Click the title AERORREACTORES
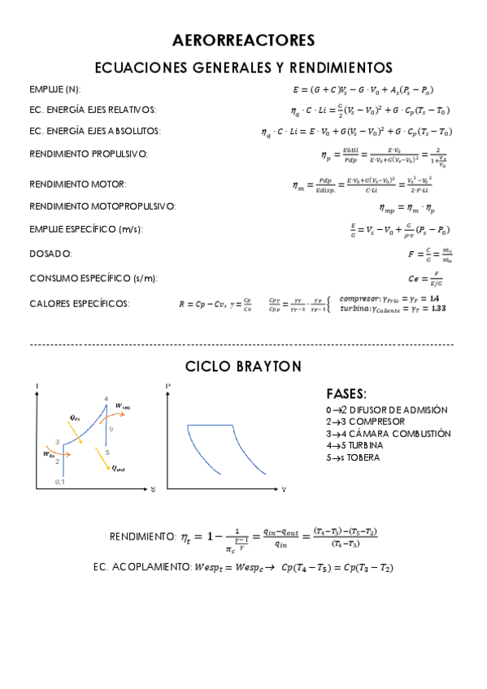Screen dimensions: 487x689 (243, 40)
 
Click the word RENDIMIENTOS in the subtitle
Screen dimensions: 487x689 (338, 67)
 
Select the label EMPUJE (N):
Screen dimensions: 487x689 (54, 89)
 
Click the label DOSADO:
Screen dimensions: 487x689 (50, 253)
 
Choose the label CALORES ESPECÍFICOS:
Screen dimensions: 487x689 (79, 303)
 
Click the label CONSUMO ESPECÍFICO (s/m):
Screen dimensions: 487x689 (93, 278)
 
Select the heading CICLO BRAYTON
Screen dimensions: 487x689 (243, 366)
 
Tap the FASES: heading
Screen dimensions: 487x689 (346, 393)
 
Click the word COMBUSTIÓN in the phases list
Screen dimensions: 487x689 (420, 434)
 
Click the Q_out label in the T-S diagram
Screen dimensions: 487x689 (118, 467)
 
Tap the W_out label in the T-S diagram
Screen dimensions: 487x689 (124, 405)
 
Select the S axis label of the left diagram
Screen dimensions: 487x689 (153, 489)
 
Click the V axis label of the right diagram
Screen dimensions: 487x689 (284, 489)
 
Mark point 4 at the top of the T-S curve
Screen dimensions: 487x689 (106, 398)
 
